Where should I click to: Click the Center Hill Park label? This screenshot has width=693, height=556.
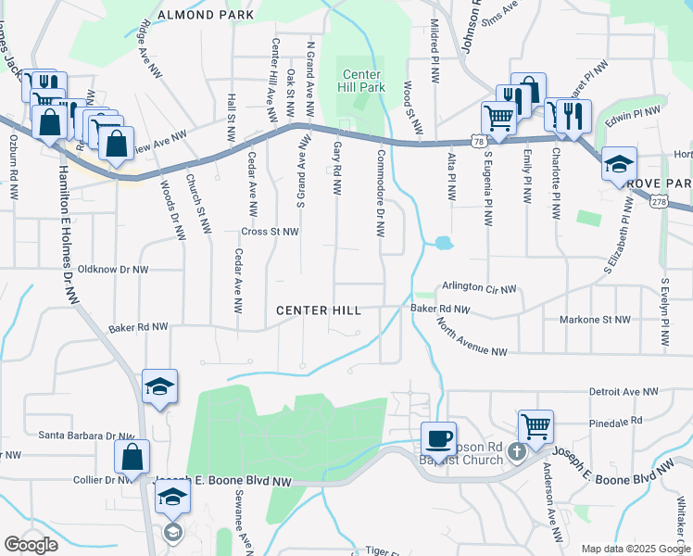(363, 81)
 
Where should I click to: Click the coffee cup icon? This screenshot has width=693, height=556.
(438, 437)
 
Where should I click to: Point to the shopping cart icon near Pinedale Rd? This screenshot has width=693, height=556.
(535, 426)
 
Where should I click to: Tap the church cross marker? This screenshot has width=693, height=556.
(517, 452)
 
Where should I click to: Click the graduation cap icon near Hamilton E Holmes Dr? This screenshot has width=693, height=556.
(159, 387)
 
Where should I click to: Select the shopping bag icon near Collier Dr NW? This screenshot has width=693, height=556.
(132, 456)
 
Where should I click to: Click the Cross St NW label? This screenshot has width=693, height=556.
(270, 232)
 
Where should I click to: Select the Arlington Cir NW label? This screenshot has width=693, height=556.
(478, 289)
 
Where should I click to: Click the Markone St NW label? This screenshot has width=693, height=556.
(595, 320)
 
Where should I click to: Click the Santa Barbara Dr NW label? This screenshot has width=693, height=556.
(86, 434)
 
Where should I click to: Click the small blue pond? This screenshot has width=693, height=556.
(443, 244)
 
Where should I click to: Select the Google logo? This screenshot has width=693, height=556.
(31, 544)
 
